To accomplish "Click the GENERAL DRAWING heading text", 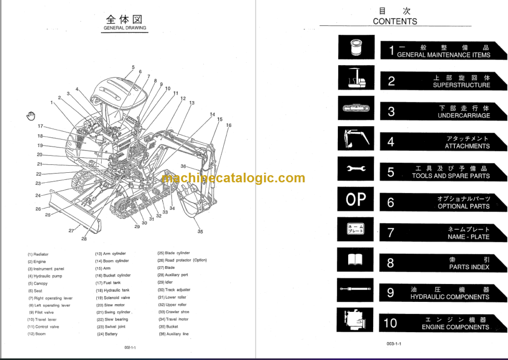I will pyautogui.click(x=125, y=28).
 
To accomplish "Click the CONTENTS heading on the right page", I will pyautogui.click(x=395, y=21).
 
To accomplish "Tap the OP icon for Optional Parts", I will pyautogui.click(x=356, y=200).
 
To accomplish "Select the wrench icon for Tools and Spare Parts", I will pyautogui.click(x=356, y=170).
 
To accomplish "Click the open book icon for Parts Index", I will pyautogui.click(x=356, y=260).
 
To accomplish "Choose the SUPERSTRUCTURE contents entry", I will pyautogui.click(x=461, y=85).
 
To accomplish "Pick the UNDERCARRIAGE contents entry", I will pyautogui.click(x=463, y=115).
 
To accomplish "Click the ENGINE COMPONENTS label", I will pyautogui.click(x=455, y=327).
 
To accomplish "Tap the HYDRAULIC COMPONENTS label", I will pyautogui.click(x=450, y=297).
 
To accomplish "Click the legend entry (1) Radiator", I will pyautogui.click(x=38, y=254).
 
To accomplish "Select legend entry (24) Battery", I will pyautogui.click(x=107, y=334).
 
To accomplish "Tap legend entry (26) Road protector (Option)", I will pyautogui.click(x=182, y=260).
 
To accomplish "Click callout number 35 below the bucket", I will pyautogui.click(x=200, y=231).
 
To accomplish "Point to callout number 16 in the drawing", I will pyautogui.click(x=229, y=125).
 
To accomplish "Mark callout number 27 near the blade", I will pyautogui.click(x=71, y=230).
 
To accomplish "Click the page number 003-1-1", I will pyautogui.click(x=394, y=344).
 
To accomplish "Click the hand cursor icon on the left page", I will pyautogui.click(x=31, y=116).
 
